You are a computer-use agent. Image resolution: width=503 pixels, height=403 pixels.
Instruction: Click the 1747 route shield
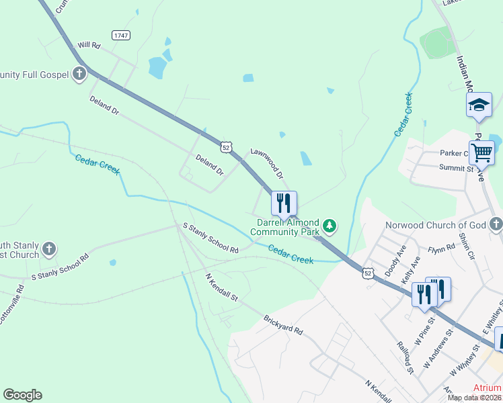(121, 35)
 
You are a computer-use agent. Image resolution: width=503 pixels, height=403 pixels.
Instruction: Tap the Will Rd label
(89, 45)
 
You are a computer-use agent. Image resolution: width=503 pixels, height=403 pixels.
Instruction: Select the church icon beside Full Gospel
(79, 74)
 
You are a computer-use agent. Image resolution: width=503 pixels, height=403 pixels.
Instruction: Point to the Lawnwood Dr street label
(267, 163)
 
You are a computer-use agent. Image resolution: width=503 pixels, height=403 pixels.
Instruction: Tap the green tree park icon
(330, 224)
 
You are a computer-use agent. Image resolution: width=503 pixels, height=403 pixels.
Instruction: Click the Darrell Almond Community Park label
(285, 227)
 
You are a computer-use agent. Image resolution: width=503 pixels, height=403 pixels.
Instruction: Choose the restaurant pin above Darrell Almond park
(284, 202)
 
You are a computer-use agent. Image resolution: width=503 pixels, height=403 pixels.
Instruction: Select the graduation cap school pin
(479, 105)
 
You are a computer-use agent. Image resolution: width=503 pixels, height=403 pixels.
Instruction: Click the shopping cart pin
(481, 152)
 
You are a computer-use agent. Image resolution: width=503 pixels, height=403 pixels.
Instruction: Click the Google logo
(22, 395)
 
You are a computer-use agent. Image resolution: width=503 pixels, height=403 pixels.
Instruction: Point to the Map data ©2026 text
(473, 398)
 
